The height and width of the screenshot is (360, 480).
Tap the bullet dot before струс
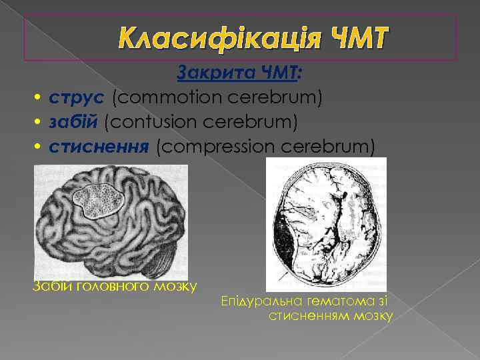(39, 99)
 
